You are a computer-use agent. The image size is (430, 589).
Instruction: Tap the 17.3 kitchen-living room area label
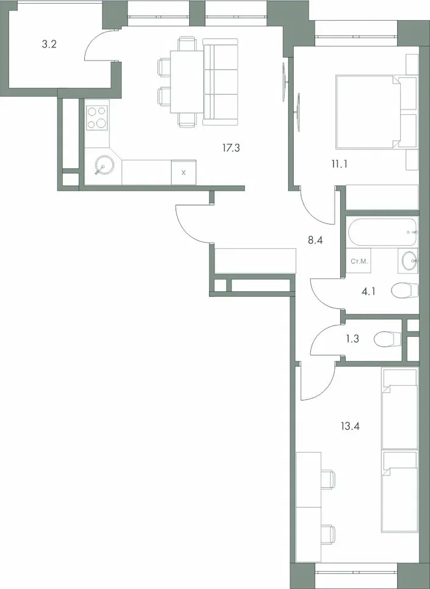click(231, 147)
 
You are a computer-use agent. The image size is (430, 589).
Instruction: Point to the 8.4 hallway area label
click(315, 240)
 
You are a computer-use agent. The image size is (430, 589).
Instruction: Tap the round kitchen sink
click(104, 165)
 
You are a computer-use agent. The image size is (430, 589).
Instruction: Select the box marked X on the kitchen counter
click(184, 172)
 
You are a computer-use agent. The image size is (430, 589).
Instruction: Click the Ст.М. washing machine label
click(359, 261)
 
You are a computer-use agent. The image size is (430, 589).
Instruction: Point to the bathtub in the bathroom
click(382, 232)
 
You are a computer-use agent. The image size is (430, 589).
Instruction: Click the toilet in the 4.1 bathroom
click(403, 291)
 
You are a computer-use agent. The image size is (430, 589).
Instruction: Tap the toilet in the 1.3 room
click(387, 337)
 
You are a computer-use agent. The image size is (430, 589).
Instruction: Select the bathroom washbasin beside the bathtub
click(409, 261)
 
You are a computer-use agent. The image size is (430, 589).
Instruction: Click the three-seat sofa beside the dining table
click(219, 82)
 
